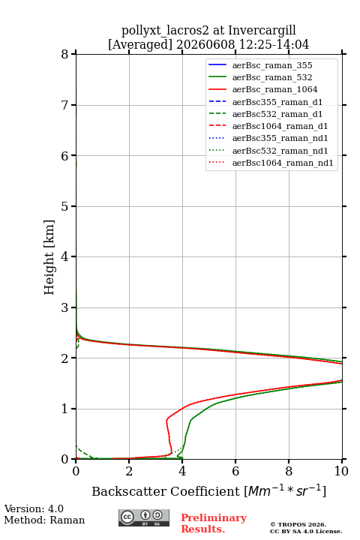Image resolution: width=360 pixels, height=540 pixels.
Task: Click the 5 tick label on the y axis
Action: (x=64, y=206)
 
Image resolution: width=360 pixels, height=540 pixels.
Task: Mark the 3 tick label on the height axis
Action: (x=64, y=307)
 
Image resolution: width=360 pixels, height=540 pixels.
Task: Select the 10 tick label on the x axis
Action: (x=341, y=471)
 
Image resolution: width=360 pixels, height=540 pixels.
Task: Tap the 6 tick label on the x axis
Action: (x=235, y=471)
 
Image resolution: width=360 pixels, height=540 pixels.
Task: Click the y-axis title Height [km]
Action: (x=49, y=257)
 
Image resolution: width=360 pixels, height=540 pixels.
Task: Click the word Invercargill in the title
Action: (x=262, y=31)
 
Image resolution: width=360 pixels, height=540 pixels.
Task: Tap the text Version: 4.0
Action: (x=34, y=508)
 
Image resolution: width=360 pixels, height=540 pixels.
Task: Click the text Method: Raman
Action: (x=44, y=520)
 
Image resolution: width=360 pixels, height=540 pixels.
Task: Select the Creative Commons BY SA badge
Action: (x=144, y=517)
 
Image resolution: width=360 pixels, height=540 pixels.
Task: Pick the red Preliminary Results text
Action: (x=214, y=523)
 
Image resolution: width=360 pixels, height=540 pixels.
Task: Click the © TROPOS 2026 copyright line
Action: (x=298, y=524)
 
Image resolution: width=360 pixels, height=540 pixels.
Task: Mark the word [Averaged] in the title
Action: (x=139, y=45)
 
